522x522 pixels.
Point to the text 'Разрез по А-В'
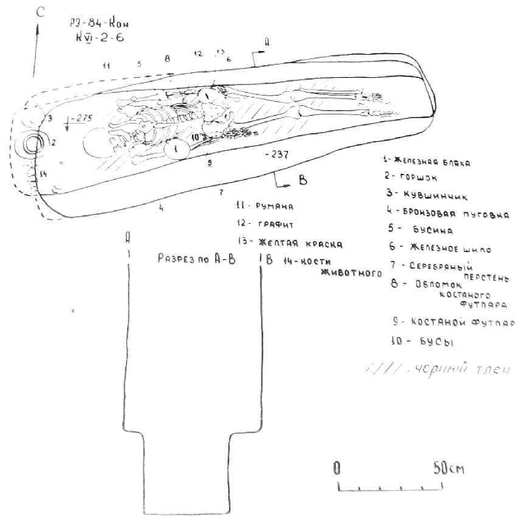[196, 258]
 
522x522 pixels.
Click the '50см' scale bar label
[448, 468]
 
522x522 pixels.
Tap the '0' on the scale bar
[336, 468]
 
